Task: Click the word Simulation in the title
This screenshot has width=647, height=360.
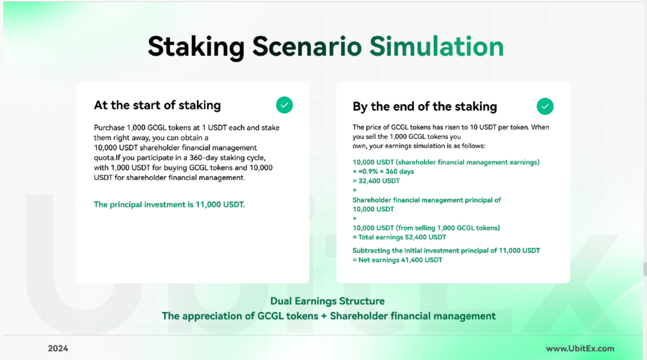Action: pyautogui.click(x=437, y=46)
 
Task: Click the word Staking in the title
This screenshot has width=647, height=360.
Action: pyautogui.click(x=197, y=47)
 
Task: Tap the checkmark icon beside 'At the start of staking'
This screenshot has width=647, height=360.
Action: pyautogui.click(x=284, y=105)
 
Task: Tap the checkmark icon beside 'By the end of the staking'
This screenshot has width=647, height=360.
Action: pyautogui.click(x=545, y=106)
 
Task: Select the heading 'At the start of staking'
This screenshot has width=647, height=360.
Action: pyautogui.click(x=157, y=105)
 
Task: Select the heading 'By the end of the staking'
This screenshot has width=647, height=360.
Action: pyautogui.click(x=425, y=107)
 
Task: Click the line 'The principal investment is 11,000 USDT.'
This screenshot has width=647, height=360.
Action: pyautogui.click(x=169, y=205)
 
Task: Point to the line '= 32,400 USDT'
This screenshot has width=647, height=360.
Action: pyautogui.click(x=376, y=181)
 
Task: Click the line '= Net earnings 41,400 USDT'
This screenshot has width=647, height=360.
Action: pyautogui.click(x=397, y=260)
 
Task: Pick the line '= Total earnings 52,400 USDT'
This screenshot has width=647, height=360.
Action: pyautogui.click(x=399, y=237)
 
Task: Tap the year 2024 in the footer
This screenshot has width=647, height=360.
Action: pyautogui.click(x=57, y=349)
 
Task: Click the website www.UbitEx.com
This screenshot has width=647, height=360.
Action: pyautogui.click(x=580, y=349)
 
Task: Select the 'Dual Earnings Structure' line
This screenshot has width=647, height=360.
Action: pyautogui.click(x=327, y=301)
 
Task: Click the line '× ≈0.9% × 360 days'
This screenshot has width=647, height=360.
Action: pyautogui.click(x=383, y=172)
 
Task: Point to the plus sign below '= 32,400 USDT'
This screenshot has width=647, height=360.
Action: pyautogui.click(x=354, y=190)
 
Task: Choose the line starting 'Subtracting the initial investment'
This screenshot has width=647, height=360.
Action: pyautogui.click(x=446, y=250)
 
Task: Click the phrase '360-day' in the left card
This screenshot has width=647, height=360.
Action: pyautogui.click(x=203, y=158)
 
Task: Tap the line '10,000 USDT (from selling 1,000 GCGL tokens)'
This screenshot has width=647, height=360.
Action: pyautogui.click(x=426, y=228)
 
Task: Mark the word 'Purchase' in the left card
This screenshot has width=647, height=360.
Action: pyautogui.click(x=109, y=128)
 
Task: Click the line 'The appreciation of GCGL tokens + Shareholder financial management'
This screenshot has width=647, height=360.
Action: pyautogui.click(x=329, y=316)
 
